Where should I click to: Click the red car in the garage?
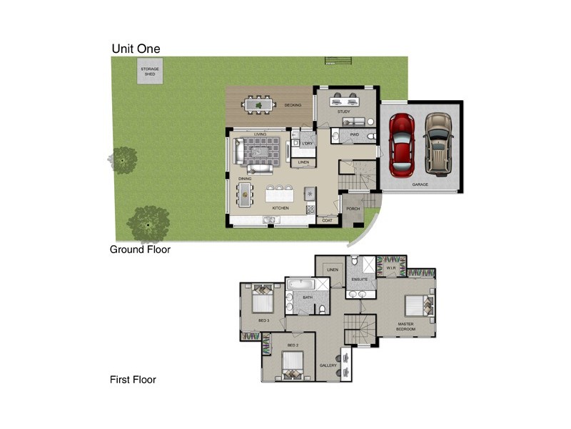[x=402, y=145]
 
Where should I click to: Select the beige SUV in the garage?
[x=437, y=144]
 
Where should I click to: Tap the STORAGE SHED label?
[x=150, y=71]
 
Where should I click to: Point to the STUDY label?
[x=344, y=112]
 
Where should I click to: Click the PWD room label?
[x=354, y=134]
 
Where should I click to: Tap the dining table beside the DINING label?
[x=246, y=193]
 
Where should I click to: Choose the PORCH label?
[x=353, y=209]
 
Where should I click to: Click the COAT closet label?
[x=328, y=220]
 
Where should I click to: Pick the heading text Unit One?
[x=136, y=49]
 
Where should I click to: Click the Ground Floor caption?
[x=139, y=250]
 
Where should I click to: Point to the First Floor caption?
[x=133, y=380]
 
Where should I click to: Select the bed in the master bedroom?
[x=417, y=305]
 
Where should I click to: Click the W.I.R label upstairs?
[x=390, y=268]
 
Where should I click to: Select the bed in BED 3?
[x=262, y=300]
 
